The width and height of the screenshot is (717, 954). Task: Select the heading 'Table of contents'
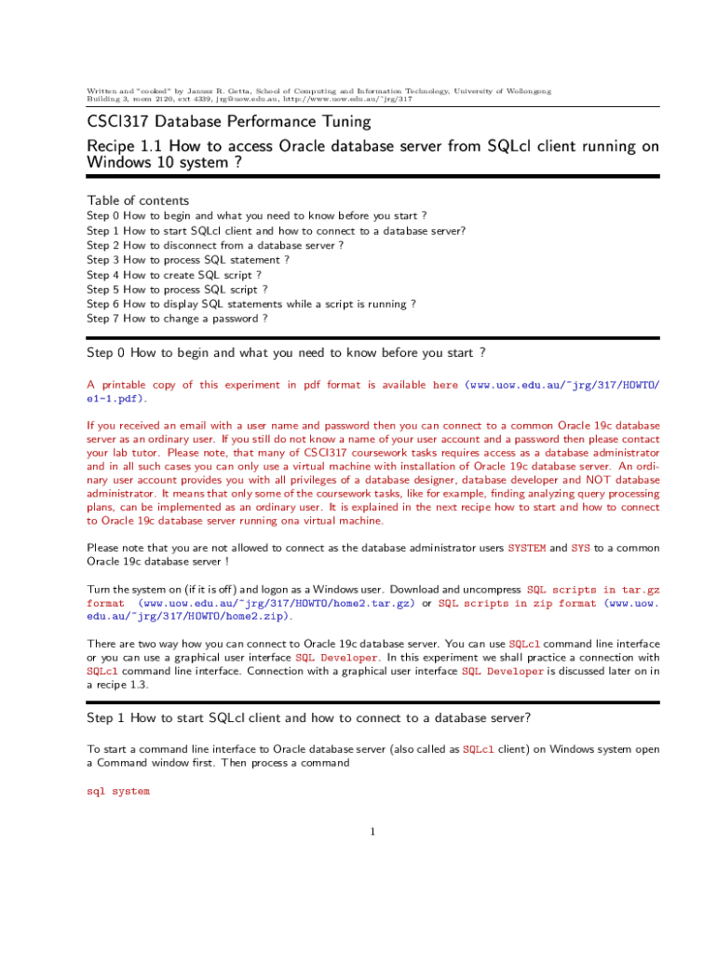point(138,200)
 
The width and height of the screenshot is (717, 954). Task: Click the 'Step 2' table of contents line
point(215,245)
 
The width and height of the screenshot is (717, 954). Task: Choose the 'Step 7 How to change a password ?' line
point(177,319)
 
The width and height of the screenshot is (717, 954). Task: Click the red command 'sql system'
point(117,791)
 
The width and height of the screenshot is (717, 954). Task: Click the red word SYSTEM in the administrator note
point(526,548)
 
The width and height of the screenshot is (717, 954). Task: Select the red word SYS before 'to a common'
point(580,548)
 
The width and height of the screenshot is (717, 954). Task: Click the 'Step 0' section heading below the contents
point(285,353)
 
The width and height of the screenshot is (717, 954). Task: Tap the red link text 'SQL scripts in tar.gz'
point(593,590)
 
